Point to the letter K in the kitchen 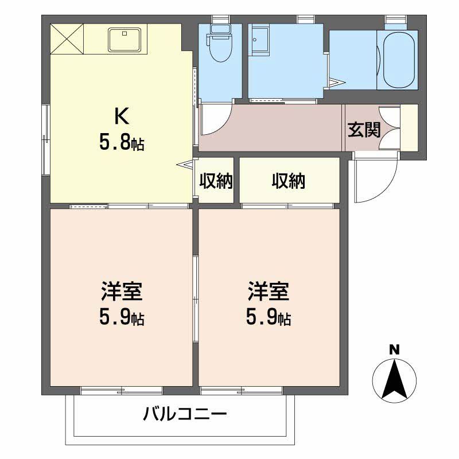[121, 116]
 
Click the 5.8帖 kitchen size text [121, 142]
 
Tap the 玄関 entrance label [364, 130]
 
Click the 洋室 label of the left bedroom [121, 292]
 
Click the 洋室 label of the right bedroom [268, 292]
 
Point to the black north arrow [394, 379]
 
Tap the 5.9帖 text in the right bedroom [268, 317]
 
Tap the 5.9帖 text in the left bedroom [121, 317]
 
